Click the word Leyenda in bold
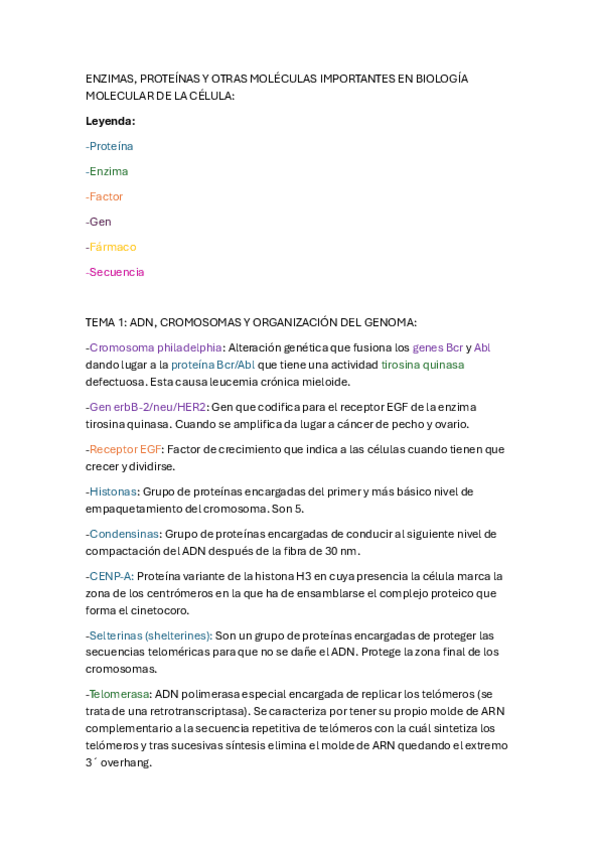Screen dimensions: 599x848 (110, 121)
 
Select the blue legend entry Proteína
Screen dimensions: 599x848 (111, 146)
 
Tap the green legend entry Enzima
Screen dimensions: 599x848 (108, 171)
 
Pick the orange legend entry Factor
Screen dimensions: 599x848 (106, 196)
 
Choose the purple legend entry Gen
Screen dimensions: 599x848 (100, 222)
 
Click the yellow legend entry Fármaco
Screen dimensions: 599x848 (112, 247)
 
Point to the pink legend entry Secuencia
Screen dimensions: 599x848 (116, 272)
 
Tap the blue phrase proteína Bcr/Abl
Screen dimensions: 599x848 (213, 365)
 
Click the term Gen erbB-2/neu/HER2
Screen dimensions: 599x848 (148, 407)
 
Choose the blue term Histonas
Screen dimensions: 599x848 (113, 492)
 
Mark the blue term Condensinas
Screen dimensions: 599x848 (124, 534)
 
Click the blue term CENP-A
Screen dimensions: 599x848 (110, 576)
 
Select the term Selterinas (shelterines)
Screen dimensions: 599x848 (149, 636)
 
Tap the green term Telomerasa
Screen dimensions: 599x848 (119, 694)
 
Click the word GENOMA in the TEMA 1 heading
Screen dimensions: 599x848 (385, 322)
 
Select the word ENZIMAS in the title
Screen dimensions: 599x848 (111, 79)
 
